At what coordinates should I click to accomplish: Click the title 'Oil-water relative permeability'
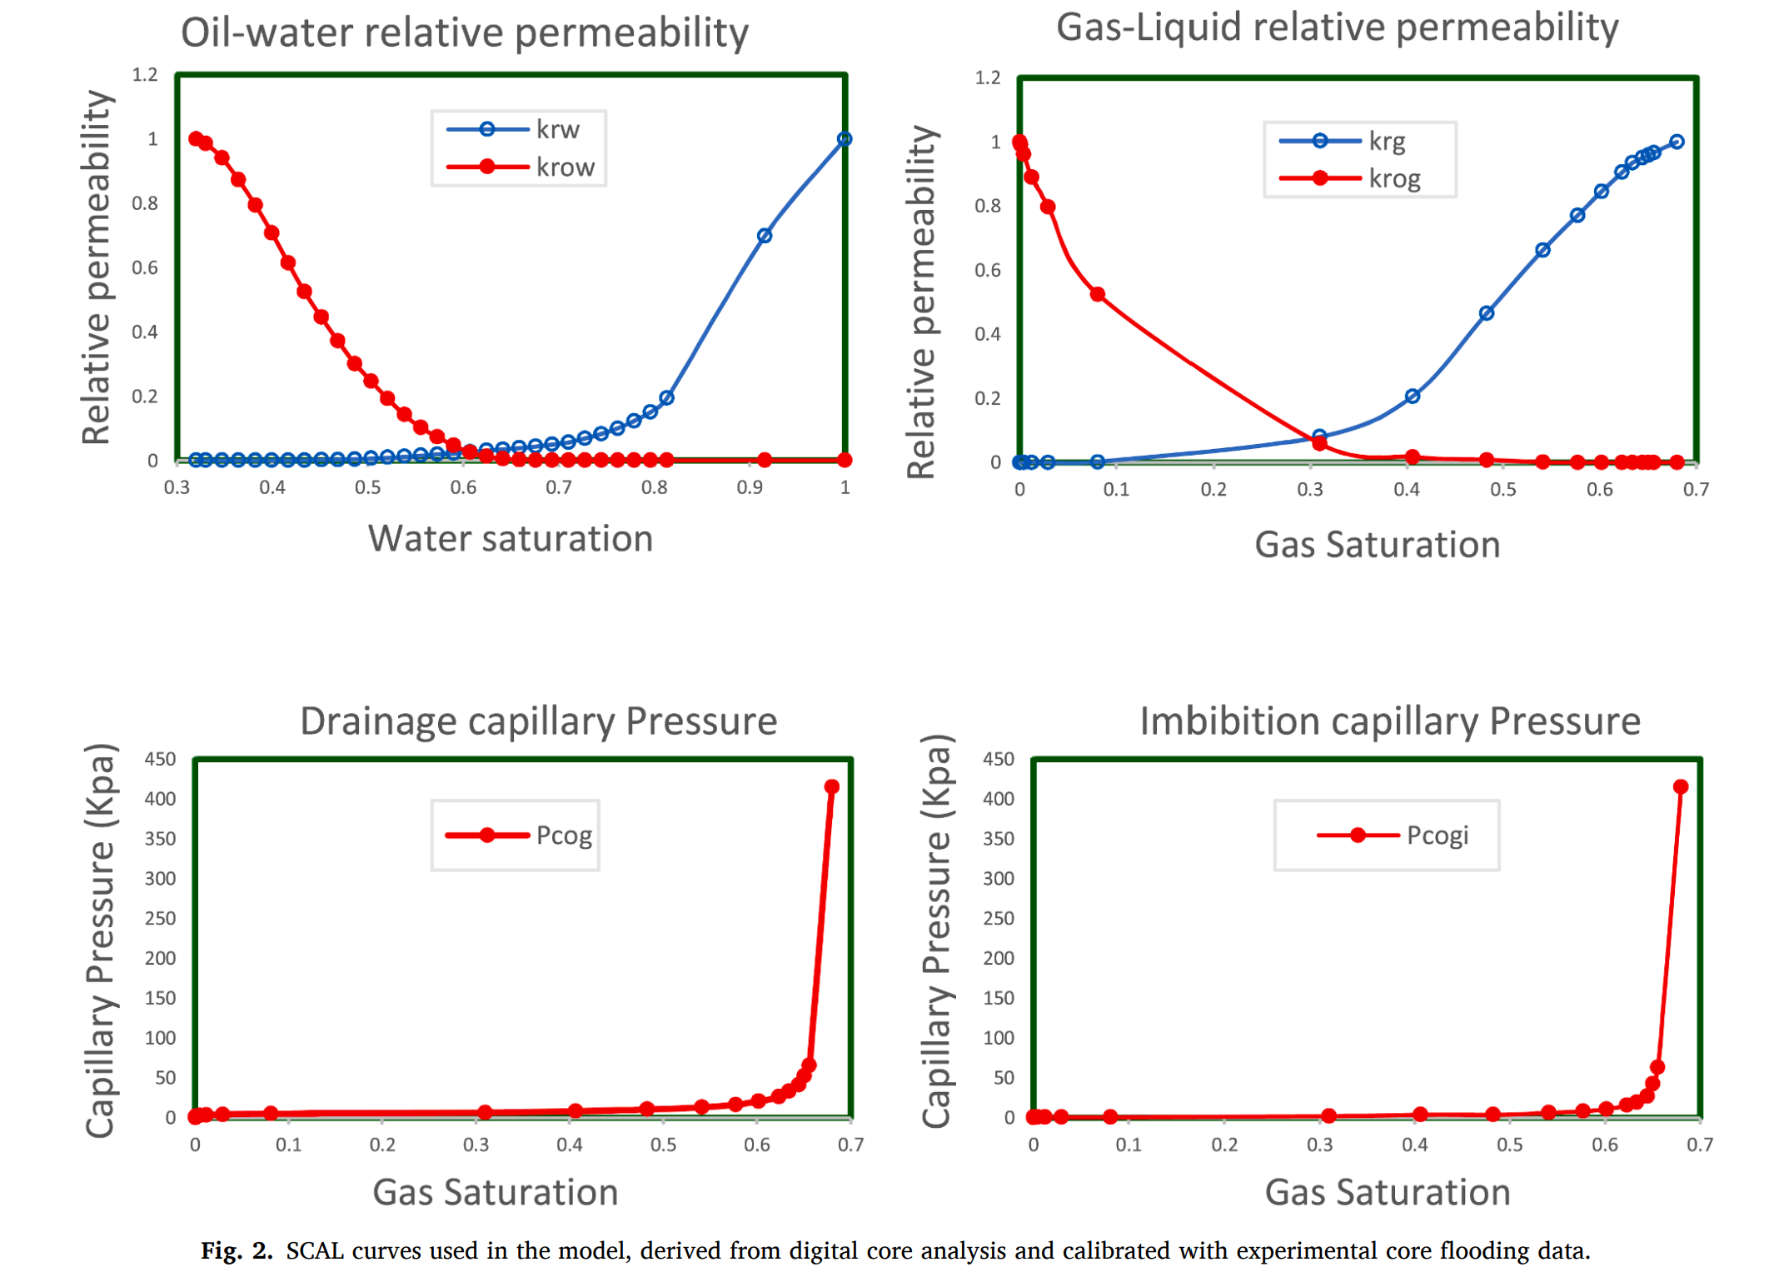pos(464,33)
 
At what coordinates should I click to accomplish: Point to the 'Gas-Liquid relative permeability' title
pos(1336,27)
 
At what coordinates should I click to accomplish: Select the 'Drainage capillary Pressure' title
pos(538,721)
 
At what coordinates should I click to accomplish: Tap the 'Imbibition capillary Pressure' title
pos(1389,721)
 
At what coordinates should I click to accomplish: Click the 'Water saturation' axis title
pos(510,539)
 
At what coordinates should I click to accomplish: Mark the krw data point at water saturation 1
pos(844,139)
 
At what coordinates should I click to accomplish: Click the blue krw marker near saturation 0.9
pos(764,236)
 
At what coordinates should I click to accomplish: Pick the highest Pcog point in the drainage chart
pos(830,786)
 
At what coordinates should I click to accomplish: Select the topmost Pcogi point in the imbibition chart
pos(1679,786)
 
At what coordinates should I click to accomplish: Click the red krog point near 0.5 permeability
pos(1097,295)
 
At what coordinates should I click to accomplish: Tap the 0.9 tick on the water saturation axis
pos(749,487)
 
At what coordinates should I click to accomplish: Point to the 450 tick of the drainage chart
pos(160,759)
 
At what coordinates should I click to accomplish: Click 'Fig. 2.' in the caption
pos(237,1250)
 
